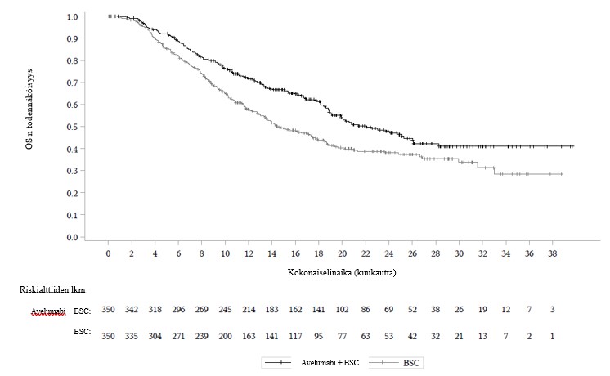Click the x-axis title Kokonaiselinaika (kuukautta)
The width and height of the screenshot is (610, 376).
(x=342, y=271)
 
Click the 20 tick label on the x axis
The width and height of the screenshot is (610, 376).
(x=343, y=253)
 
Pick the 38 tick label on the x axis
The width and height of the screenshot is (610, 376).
(x=554, y=253)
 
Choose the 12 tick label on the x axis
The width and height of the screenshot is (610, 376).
(x=249, y=253)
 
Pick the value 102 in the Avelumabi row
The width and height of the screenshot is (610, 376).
(x=343, y=311)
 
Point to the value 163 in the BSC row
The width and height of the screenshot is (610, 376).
(x=249, y=335)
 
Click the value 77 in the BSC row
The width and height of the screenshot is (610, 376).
(x=343, y=335)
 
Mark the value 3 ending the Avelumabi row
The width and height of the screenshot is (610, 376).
(x=554, y=311)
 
